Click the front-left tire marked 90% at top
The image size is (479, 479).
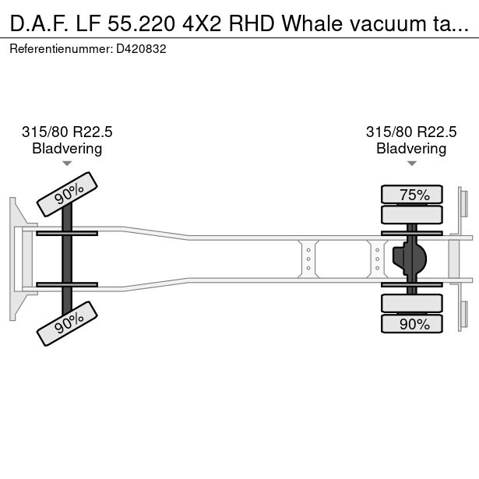(67, 193)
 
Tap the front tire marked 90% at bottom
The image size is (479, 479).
(67, 322)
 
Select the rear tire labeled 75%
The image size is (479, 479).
(412, 195)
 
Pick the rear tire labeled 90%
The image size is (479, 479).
(412, 324)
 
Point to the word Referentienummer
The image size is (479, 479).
(61, 48)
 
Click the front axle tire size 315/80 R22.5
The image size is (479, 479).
(67, 132)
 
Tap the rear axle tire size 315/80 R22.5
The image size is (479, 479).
(411, 132)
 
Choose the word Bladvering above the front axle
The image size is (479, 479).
(67, 148)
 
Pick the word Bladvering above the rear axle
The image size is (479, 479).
(411, 148)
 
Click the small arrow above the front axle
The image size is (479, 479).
(67, 164)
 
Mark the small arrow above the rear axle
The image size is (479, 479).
(411, 164)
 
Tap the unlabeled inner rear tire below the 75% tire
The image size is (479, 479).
(412, 214)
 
